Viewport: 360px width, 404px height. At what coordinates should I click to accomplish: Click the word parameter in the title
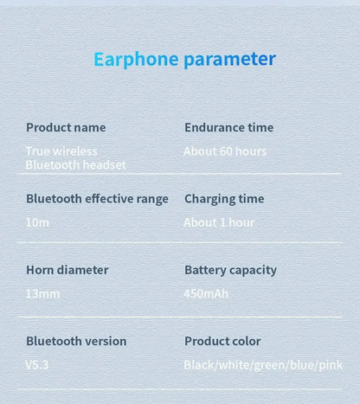coord(229,60)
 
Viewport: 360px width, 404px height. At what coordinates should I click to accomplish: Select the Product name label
coord(66,127)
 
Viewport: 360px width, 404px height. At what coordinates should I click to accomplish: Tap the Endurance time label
coord(228,127)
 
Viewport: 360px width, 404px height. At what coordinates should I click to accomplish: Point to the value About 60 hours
coord(225,151)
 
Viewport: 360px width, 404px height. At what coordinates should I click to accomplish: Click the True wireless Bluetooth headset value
coord(75,157)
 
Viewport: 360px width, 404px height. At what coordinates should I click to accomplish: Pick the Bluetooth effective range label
coord(97,198)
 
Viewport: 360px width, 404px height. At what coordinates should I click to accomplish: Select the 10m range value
coord(37,222)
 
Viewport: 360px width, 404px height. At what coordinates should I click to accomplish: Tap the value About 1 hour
coord(219,222)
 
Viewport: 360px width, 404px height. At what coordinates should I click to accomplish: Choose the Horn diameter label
coord(67,270)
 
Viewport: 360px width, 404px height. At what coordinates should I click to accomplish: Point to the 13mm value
coord(42,293)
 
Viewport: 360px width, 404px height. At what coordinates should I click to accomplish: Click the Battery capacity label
coord(230,270)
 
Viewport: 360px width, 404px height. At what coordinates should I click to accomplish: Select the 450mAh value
coord(206,293)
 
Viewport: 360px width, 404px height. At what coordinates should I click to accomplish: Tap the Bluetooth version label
coord(76,341)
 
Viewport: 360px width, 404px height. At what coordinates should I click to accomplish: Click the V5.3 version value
coord(37,365)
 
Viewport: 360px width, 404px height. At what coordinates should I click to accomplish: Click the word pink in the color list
coord(331,365)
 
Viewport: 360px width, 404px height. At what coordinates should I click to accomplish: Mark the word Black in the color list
coord(199,365)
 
